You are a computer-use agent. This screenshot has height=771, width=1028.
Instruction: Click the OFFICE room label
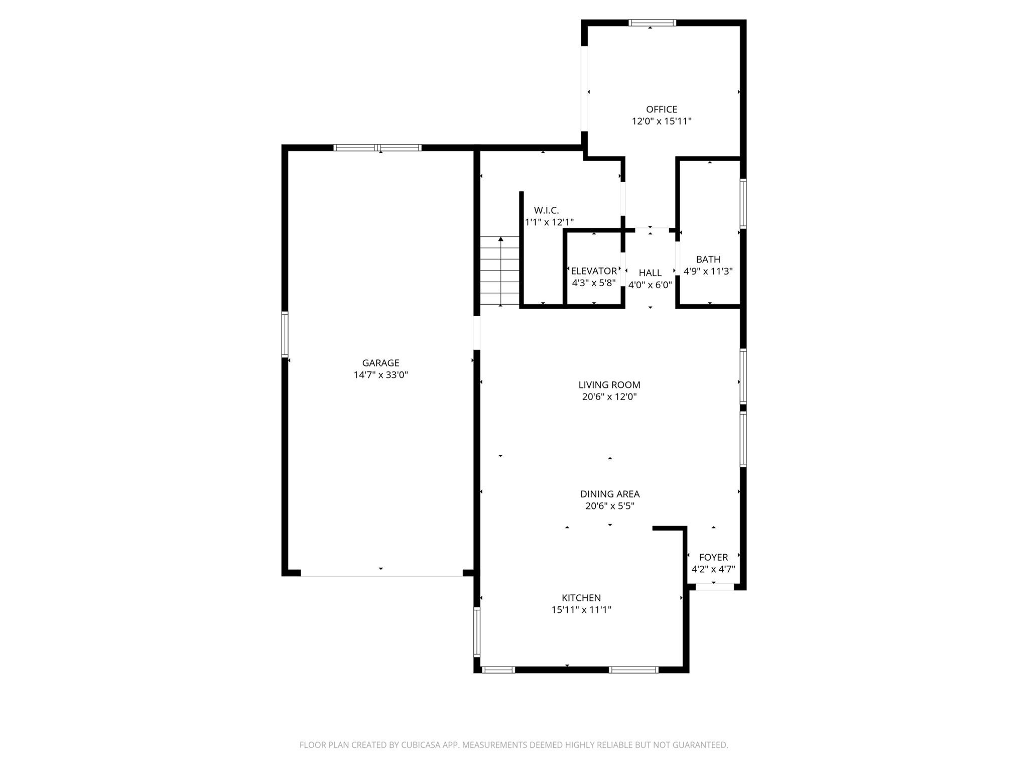[x=661, y=109]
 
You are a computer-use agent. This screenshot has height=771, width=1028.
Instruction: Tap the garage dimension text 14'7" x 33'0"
[x=380, y=375]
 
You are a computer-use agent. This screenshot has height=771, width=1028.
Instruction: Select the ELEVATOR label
[x=594, y=271]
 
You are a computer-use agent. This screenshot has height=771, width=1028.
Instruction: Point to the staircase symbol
[x=500, y=271]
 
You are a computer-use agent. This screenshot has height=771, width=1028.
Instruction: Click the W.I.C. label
[x=546, y=210]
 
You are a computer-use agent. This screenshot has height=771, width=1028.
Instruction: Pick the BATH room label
[x=708, y=260]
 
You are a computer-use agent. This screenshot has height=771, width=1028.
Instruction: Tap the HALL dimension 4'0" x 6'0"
[x=650, y=285]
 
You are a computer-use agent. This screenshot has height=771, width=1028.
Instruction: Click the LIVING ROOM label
[x=609, y=385]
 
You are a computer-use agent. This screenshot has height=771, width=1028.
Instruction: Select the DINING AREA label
[x=610, y=494]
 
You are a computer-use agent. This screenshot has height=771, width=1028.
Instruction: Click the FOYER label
[x=713, y=557]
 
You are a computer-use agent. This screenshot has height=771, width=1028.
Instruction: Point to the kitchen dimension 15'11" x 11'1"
[x=581, y=610]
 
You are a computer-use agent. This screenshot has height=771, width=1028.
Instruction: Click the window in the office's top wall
[x=652, y=23]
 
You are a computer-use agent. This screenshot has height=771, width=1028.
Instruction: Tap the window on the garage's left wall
[x=285, y=334]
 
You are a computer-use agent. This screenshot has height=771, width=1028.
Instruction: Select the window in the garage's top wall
[x=377, y=148]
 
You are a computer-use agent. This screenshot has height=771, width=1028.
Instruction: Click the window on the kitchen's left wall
[x=477, y=632]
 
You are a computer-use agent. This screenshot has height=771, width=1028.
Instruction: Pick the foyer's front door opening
[x=714, y=586]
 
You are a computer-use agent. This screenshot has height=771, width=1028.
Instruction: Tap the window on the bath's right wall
[x=743, y=204]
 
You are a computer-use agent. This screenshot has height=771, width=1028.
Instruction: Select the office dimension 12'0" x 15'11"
[x=661, y=121]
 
